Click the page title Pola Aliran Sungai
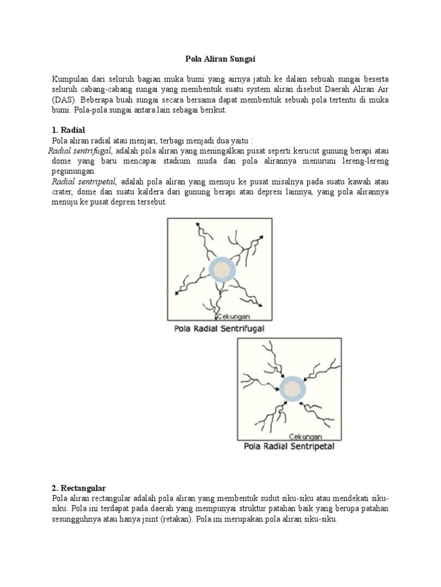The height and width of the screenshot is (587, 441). click(220, 58)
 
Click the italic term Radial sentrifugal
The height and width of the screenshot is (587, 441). click(80, 151)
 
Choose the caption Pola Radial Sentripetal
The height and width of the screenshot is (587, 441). click(289, 445)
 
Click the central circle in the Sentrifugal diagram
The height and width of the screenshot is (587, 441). click(221, 269)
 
